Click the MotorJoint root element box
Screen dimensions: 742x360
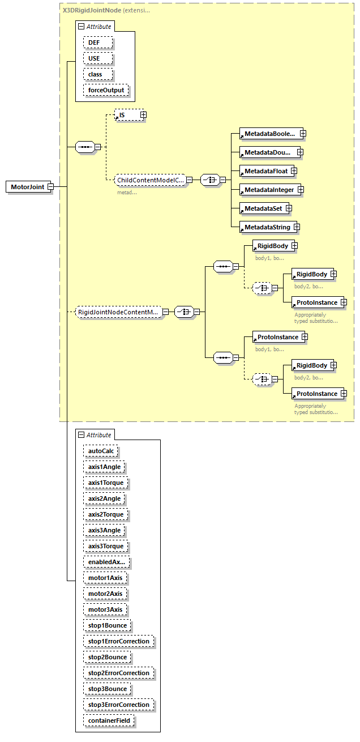pos(27,187)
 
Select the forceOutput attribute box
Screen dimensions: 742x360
pos(106,90)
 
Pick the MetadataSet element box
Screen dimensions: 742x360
pos(263,208)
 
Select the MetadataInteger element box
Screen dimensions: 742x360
pos(269,190)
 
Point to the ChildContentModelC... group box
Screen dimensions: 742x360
pos(150,180)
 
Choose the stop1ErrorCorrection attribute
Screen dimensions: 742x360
pos(119,641)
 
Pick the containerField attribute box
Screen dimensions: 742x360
pos(109,720)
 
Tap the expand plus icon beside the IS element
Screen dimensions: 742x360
pos(143,115)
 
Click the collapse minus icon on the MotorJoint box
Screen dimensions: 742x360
pos(50,187)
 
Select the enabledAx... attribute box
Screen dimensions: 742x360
pos(107,562)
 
